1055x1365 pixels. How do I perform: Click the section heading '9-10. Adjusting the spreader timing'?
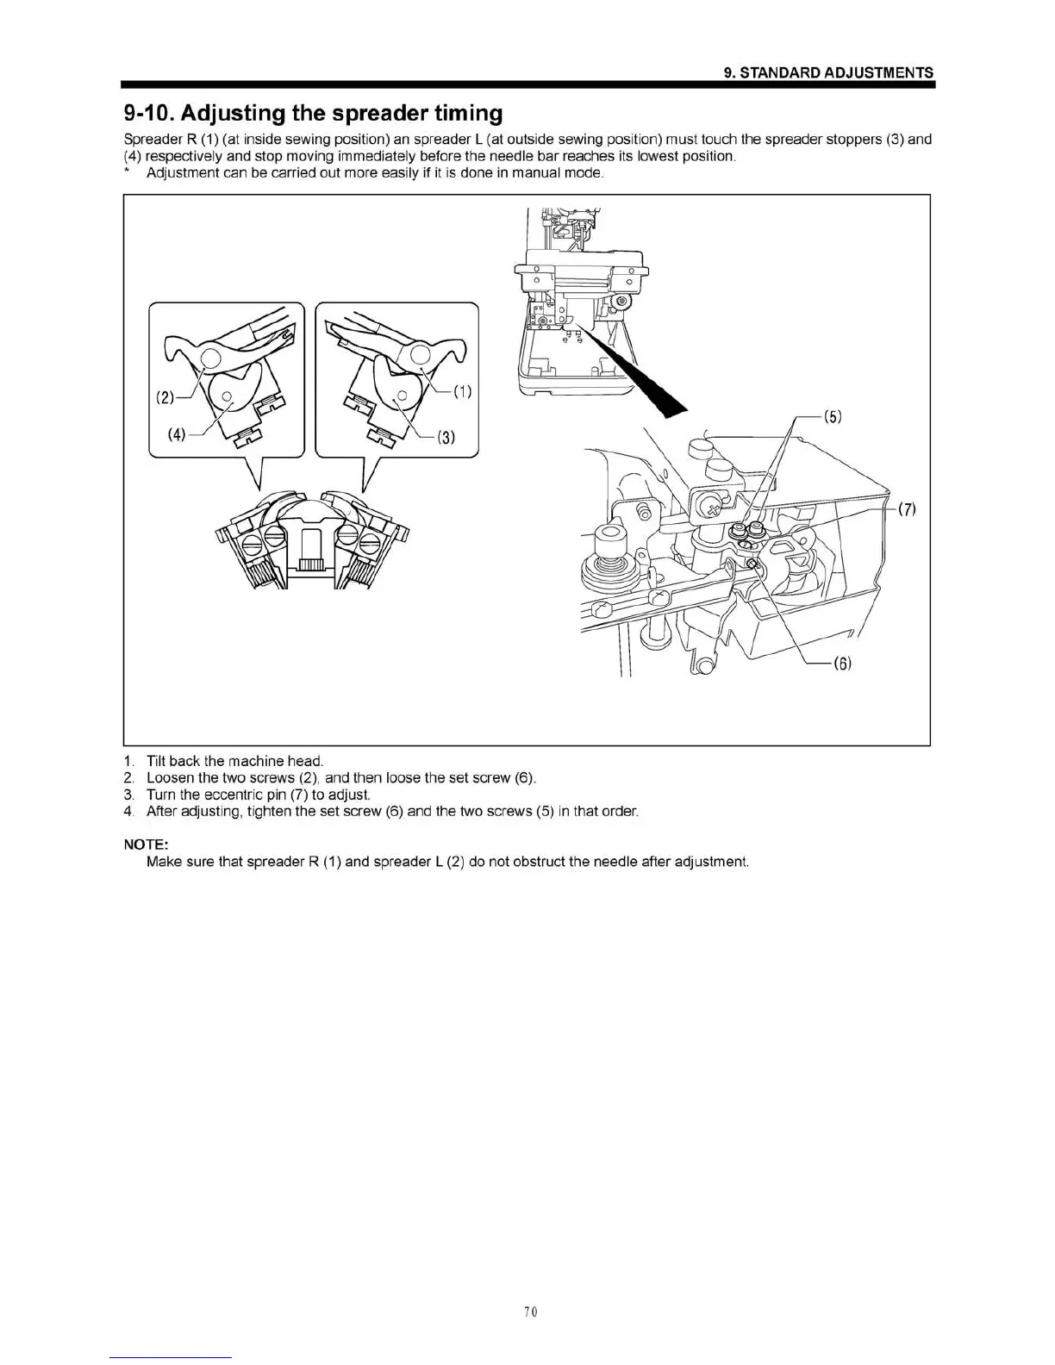(313, 113)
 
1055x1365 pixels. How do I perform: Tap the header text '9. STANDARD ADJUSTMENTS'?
(828, 72)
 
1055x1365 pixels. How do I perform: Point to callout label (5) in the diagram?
(833, 417)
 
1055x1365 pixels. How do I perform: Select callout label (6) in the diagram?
(842, 664)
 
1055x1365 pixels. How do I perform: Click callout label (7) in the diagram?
(907, 508)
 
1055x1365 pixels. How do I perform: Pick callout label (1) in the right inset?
(463, 392)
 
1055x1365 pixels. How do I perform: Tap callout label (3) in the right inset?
(446, 436)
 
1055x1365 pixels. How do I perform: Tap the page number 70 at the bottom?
(530, 1312)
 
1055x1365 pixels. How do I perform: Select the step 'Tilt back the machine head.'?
(234, 761)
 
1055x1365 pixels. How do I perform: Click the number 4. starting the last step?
(129, 812)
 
